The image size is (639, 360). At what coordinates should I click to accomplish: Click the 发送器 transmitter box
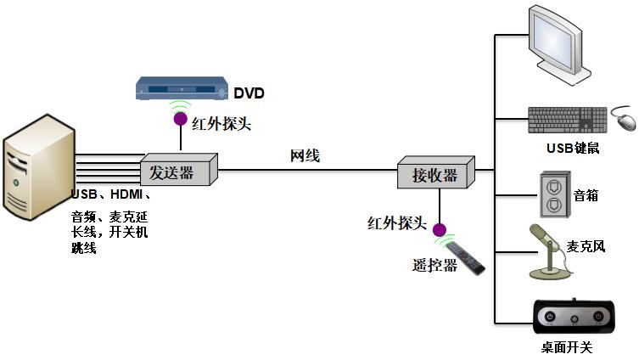click(x=177, y=172)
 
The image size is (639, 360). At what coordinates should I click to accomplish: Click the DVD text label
click(x=250, y=92)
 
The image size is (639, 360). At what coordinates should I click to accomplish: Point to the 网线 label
click(x=305, y=155)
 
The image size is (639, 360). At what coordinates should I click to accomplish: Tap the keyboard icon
click(x=566, y=120)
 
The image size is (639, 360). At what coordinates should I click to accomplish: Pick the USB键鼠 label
click(x=573, y=149)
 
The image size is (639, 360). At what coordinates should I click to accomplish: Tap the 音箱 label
click(x=586, y=195)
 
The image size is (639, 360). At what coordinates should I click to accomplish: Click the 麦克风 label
click(x=586, y=247)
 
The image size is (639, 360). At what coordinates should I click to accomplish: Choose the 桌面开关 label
click(x=567, y=346)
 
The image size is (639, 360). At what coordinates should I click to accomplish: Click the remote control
click(x=466, y=257)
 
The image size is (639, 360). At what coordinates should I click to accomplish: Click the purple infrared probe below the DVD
click(x=181, y=119)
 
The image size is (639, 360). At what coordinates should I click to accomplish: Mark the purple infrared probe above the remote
click(x=440, y=229)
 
